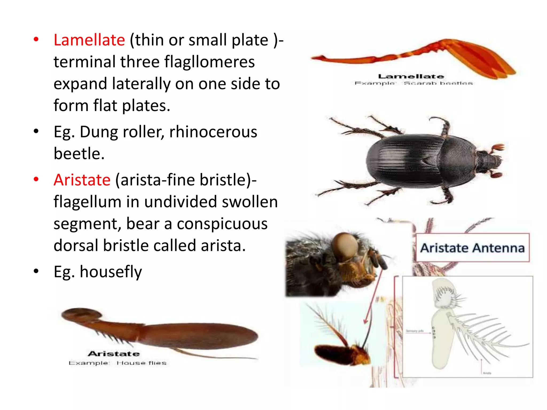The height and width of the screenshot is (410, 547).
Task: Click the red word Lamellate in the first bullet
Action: coord(89,40)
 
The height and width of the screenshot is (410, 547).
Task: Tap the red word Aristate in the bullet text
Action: coord(82,180)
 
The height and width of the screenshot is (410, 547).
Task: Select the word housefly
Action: coord(111,272)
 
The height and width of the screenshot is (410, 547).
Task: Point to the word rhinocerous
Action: coord(213,132)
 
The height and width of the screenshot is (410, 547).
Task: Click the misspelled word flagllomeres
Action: coord(209,62)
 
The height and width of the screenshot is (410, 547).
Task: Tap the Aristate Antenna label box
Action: coord(472,248)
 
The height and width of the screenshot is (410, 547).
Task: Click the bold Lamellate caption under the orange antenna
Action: coord(411,77)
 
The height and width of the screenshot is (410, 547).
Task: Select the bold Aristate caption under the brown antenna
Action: coord(114,354)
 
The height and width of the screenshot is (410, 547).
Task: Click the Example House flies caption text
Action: coord(118,363)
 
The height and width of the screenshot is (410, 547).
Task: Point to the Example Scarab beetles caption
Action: coord(413,83)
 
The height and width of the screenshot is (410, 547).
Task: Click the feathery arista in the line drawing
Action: coord(489,336)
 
